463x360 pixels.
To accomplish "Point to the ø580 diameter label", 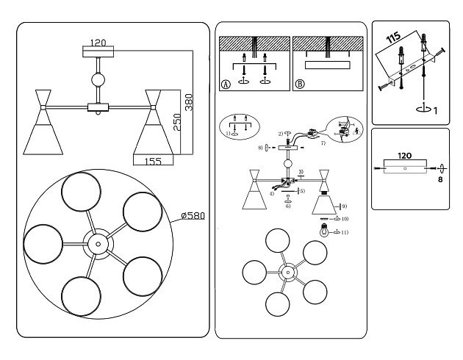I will point(193,216).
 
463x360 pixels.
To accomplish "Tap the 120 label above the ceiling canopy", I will point(99,43).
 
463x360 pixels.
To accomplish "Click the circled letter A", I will point(226,84).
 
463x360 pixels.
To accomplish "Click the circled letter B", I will point(299,84).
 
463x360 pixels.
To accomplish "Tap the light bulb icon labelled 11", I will point(321,231).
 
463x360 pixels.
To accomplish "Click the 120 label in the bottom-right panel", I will point(404,155).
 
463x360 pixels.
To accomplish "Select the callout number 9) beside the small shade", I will point(344,206).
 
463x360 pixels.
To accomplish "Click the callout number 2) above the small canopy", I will point(280,134).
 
